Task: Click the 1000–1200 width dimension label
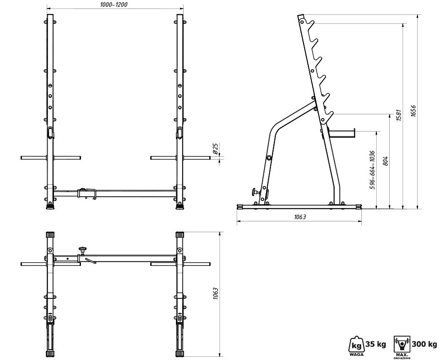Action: [x=113, y=4]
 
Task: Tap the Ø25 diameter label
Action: [x=216, y=149]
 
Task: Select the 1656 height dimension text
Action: [x=413, y=111]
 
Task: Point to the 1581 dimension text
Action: [x=399, y=115]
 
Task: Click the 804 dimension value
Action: [x=386, y=161]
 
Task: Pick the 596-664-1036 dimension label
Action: [x=373, y=170]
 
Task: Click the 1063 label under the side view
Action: [x=300, y=217]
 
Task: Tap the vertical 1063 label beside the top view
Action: [x=216, y=293]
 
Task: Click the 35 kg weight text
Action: [x=375, y=344]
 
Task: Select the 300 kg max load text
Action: [x=424, y=344]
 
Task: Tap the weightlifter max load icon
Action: [x=402, y=344]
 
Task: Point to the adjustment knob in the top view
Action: [x=82, y=250]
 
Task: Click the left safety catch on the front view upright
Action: [x=50, y=133]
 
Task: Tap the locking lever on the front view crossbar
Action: [x=88, y=193]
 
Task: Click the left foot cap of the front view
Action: [x=50, y=207]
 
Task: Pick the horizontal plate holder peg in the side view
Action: [x=341, y=134]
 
